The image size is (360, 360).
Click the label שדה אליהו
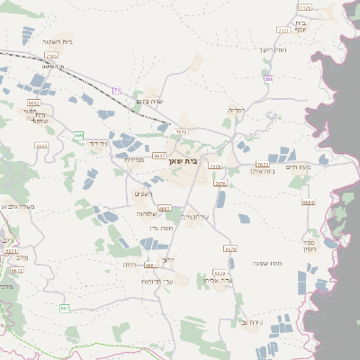(x=220, y=280)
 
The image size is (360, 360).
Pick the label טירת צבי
(x=251, y=321)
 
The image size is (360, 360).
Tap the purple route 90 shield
(x=267, y=79)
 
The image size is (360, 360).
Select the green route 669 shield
(x=78, y=135)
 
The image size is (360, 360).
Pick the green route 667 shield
(x=64, y=309)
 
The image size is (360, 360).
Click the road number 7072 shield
(x=262, y=165)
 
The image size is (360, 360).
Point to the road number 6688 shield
(x=309, y=202)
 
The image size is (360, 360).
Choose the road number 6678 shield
(x=230, y=248)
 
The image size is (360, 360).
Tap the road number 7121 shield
(x=284, y=31)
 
